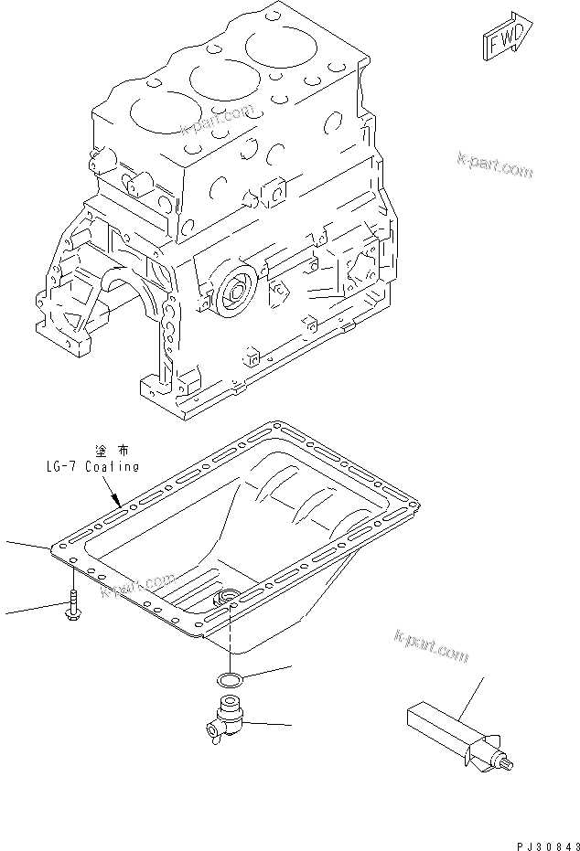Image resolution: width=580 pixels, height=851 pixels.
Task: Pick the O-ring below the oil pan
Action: click(x=230, y=679)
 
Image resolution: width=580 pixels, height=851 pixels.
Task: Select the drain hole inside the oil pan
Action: click(x=224, y=599)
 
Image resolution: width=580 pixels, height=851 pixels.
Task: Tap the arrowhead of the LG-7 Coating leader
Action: click(x=120, y=502)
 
